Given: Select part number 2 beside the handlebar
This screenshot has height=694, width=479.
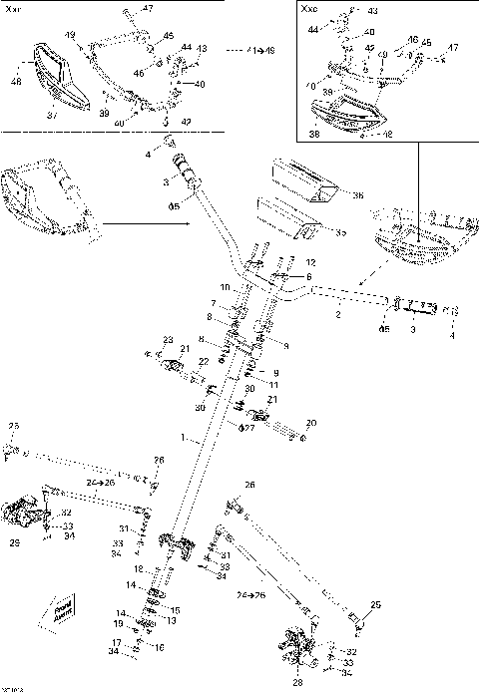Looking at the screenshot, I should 338,315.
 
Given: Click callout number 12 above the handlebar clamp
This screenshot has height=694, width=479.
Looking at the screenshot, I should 310,262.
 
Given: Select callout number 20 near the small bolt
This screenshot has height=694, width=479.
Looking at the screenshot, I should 310,422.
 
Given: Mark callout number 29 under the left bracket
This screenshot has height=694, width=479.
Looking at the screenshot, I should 13,543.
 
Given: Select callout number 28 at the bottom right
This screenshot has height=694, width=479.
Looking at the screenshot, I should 295,683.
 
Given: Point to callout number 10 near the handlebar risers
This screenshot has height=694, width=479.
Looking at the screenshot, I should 226,287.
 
